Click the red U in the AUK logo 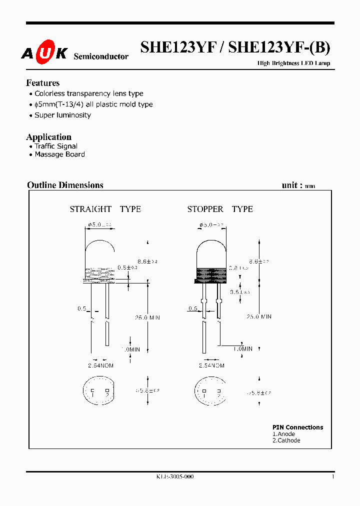(x=44, y=53)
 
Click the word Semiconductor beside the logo (x=101, y=56)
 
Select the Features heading (x=42, y=83)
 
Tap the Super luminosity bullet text (x=62, y=115)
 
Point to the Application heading (x=48, y=137)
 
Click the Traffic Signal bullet (x=56, y=146)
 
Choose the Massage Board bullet (x=59, y=154)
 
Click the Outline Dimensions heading (x=65, y=185)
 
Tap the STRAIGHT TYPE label (x=105, y=209)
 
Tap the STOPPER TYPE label (x=220, y=209)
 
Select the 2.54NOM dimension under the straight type (x=100, y=366)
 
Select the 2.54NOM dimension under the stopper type (x=211, y=366)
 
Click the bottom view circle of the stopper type (x=210, y=391)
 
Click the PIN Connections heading (x=297, y=427)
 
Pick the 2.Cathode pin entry (x=286, y=440)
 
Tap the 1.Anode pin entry (x=283, y=434)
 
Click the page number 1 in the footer (x=332, y=477)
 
